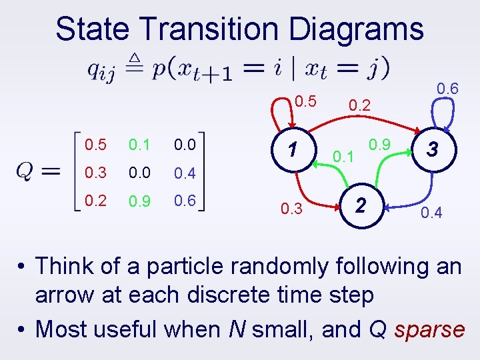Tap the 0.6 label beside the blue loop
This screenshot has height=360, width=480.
click(x=447, y=88)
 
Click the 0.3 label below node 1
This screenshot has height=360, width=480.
click(x=291, y=210)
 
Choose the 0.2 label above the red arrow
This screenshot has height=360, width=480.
click(x=359, y=104)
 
